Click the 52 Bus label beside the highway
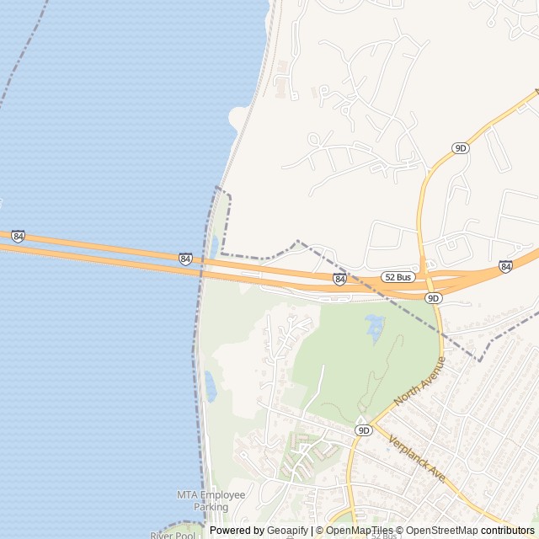pos(398,277)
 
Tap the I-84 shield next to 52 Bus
pos(339,279)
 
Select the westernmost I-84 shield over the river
pos(18,236)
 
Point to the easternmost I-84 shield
pos(505,266)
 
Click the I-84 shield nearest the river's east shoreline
pos(185,259)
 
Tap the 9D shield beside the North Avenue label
pos(363,430)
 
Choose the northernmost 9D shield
pos(460,148)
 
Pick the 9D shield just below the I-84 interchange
pos(433,298)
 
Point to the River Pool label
pos(173,535)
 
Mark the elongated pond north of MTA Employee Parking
pos(210,386)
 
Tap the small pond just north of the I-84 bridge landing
pos(214,246)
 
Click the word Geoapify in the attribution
pos(288,531)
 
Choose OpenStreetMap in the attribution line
pos(438,531)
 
